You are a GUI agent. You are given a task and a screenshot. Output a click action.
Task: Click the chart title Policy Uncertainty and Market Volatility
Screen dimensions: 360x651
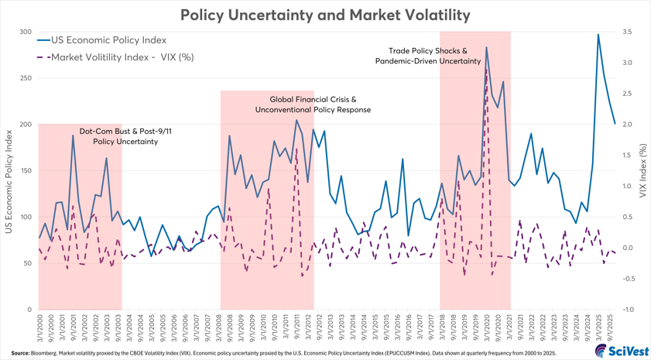tap(325, 15)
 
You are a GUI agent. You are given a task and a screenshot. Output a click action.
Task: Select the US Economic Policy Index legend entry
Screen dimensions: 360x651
tap(108, 39)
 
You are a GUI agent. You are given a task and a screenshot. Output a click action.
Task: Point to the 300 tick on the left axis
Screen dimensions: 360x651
tap(26, 33)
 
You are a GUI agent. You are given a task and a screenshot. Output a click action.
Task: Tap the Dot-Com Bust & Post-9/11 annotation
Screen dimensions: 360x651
tap(125, 136)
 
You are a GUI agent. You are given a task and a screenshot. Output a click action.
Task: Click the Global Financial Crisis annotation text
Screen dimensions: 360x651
tap(313, 105)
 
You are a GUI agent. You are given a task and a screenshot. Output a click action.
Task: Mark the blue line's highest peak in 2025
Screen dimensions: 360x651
tap(598, 35)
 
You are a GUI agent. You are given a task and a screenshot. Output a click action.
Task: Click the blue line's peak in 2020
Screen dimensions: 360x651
tap(486, 48)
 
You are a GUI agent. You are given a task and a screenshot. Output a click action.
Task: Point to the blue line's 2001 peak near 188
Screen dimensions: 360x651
tap(73, 135)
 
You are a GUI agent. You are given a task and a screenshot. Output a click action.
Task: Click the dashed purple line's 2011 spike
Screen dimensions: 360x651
tap(296, 147)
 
